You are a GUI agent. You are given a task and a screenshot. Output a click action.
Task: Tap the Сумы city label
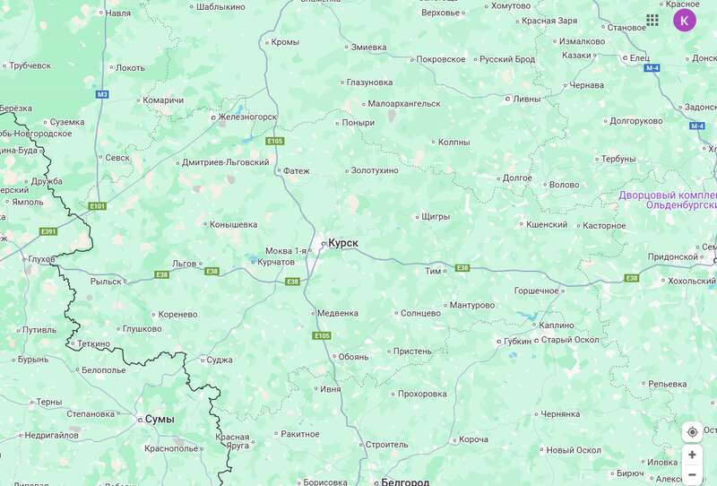(x=160, y=419)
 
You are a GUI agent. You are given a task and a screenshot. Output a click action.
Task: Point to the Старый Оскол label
(x=572, y=339)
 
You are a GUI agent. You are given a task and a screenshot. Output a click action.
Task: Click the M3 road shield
(x=101, y=93)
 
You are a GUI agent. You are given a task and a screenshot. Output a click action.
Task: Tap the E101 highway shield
(x=98, y=206)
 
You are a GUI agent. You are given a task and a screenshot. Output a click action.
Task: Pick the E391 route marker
(x=48, y=231)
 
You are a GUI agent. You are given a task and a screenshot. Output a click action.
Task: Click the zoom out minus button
(x=692, y=474)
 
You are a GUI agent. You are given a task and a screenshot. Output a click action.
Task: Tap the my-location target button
(x=692, y=432)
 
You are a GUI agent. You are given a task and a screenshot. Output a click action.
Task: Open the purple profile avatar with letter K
(x=685, y=20)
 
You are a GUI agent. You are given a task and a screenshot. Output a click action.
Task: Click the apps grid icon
(x=652, y=20)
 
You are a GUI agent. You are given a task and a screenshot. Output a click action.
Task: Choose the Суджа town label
(x=219, y=360)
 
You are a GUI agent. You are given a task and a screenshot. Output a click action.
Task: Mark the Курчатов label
(x=275, y=262)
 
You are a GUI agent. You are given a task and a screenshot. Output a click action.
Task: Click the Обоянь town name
(x=353, y=356)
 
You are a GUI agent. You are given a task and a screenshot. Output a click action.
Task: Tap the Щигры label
(x=435, y=216)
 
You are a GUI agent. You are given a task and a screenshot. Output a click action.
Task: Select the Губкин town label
(x=518, y=341)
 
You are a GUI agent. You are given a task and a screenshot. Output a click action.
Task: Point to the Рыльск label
(x=105, y=281)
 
